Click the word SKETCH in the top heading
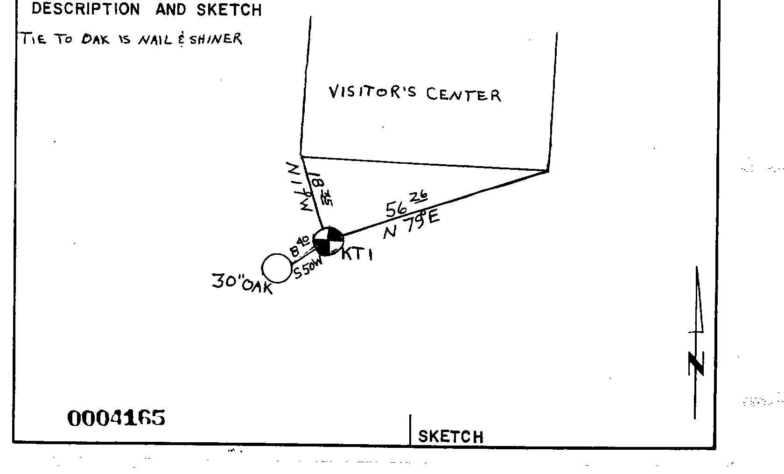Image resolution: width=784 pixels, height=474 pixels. (x=229, y=10)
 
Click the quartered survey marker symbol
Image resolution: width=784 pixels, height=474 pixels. (x=328, y=241)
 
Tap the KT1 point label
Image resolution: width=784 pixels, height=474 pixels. (x=357, y=255)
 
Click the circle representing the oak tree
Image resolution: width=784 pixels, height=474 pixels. (x=277, y=268)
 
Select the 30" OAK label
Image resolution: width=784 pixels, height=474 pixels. (x=242, y=283)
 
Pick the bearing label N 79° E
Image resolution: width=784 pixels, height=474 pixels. (x=411, y=224)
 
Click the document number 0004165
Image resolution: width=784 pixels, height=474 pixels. (x=116, y=418)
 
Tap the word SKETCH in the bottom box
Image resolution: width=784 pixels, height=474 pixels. (x=450, y=437)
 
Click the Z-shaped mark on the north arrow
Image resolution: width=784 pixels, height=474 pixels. (x=696, y=364)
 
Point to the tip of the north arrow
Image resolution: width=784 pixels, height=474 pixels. (x=697, y=269)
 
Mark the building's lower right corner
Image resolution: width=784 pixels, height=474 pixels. (x=548, y=171)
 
